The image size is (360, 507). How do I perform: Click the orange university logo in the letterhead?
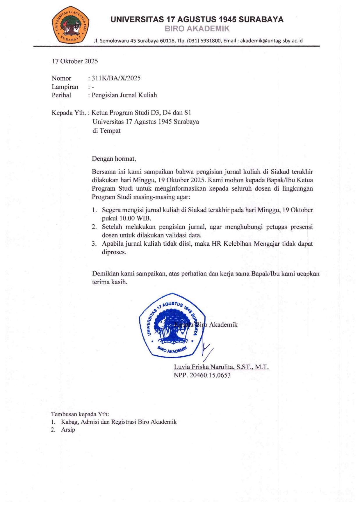pos(70,24)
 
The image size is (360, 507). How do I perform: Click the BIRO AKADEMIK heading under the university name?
pos(197,29)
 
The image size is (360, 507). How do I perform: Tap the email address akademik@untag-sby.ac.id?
pos(271,41)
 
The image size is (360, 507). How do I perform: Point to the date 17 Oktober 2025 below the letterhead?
pos(75,61)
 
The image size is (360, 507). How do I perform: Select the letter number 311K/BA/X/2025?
pos(116,78)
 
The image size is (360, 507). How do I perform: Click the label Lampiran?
pos(65,87)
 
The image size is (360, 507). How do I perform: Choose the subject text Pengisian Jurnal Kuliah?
pos(124,95)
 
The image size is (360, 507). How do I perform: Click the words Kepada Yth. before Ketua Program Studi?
pos(69,113)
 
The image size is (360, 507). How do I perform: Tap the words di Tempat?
pos(106,131)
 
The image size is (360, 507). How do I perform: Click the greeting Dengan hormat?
pos(114,158)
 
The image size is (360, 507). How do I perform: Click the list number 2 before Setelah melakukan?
pos(94,227)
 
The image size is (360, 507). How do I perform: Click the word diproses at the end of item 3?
pos(114,252)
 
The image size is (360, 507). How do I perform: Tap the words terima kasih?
pos(109,282)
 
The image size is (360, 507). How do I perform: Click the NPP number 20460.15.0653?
pos(210,375)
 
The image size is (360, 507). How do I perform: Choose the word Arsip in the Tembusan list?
pos(68,430)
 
